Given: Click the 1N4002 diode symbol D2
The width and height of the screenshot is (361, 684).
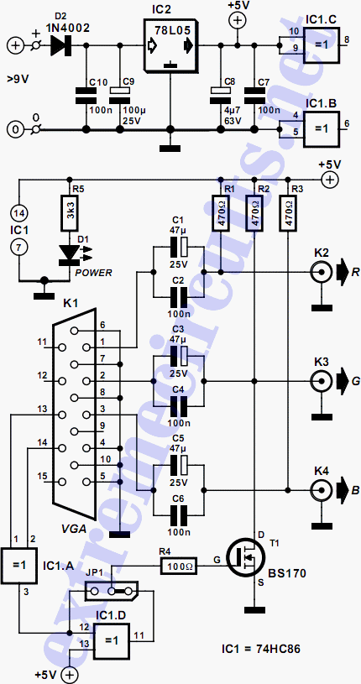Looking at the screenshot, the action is [60, 45].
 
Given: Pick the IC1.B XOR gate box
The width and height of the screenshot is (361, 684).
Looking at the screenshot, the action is [322, 125].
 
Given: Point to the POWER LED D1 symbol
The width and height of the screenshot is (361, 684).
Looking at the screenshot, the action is [70, 255].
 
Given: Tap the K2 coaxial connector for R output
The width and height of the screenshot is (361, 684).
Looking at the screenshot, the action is [321, 273].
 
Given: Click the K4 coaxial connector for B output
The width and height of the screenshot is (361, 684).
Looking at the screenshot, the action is [321, 490].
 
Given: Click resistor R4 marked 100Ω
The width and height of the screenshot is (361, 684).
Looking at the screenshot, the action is [180, 567].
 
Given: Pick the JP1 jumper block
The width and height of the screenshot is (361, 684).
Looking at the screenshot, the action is [111, 592].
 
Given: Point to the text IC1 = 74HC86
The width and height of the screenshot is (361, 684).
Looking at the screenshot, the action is [260, 649].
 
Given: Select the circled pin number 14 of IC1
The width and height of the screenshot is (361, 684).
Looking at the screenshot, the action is [18, 213].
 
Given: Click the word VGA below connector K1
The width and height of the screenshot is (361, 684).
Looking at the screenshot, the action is [73, 529].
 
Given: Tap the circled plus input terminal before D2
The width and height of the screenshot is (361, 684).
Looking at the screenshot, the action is [15, 45].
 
